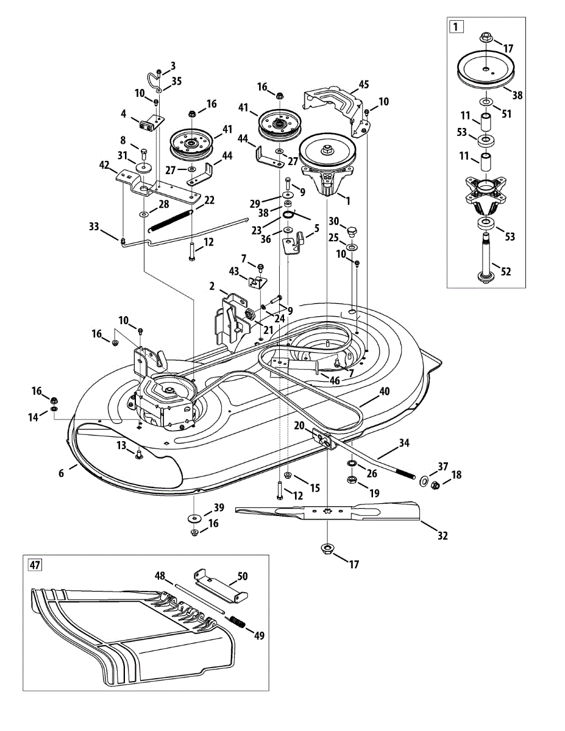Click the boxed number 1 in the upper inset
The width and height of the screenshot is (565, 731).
456,27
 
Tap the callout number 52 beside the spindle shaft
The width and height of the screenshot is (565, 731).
506,271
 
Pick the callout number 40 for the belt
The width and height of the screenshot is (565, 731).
385,391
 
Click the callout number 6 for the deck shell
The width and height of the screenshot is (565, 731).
61,473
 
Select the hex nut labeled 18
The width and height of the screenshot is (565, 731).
435,486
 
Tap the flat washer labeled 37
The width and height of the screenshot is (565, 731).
422,481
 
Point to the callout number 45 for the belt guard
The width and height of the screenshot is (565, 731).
364,84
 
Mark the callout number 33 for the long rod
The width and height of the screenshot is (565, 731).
94,227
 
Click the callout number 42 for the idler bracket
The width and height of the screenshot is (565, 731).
105,165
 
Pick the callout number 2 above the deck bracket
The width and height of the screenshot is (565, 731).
211,286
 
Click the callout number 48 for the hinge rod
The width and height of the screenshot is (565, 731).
160,576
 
